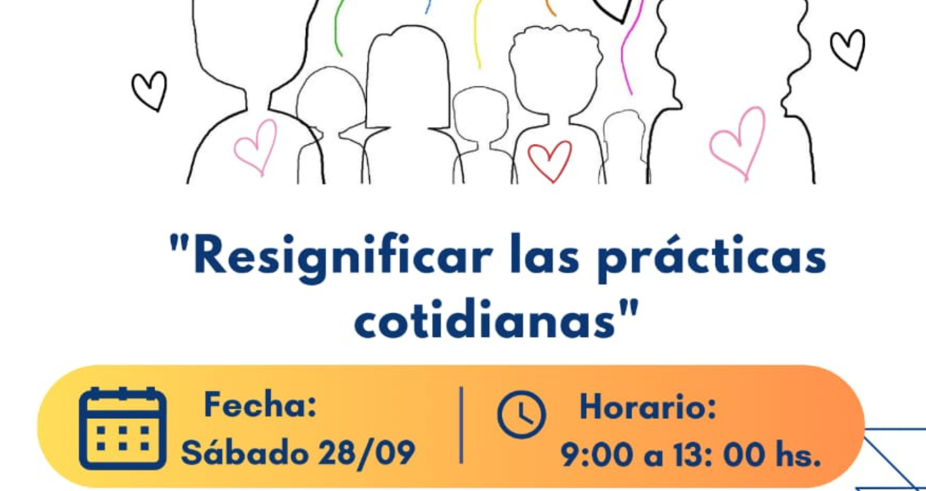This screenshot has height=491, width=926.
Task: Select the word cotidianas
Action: (x=485, y=321)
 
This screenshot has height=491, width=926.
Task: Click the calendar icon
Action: (x=122, y=429)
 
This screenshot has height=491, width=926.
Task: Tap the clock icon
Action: (x=522, y=414)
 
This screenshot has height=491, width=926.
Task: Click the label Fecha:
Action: (x=260, y=405)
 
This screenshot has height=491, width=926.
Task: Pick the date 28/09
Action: (x=367, y=454)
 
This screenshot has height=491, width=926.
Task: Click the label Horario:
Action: (x=648, y=407)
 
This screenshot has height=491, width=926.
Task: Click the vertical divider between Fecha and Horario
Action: (x=461, y=425)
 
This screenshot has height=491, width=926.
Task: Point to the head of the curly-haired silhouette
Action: (x=555, y=70)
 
